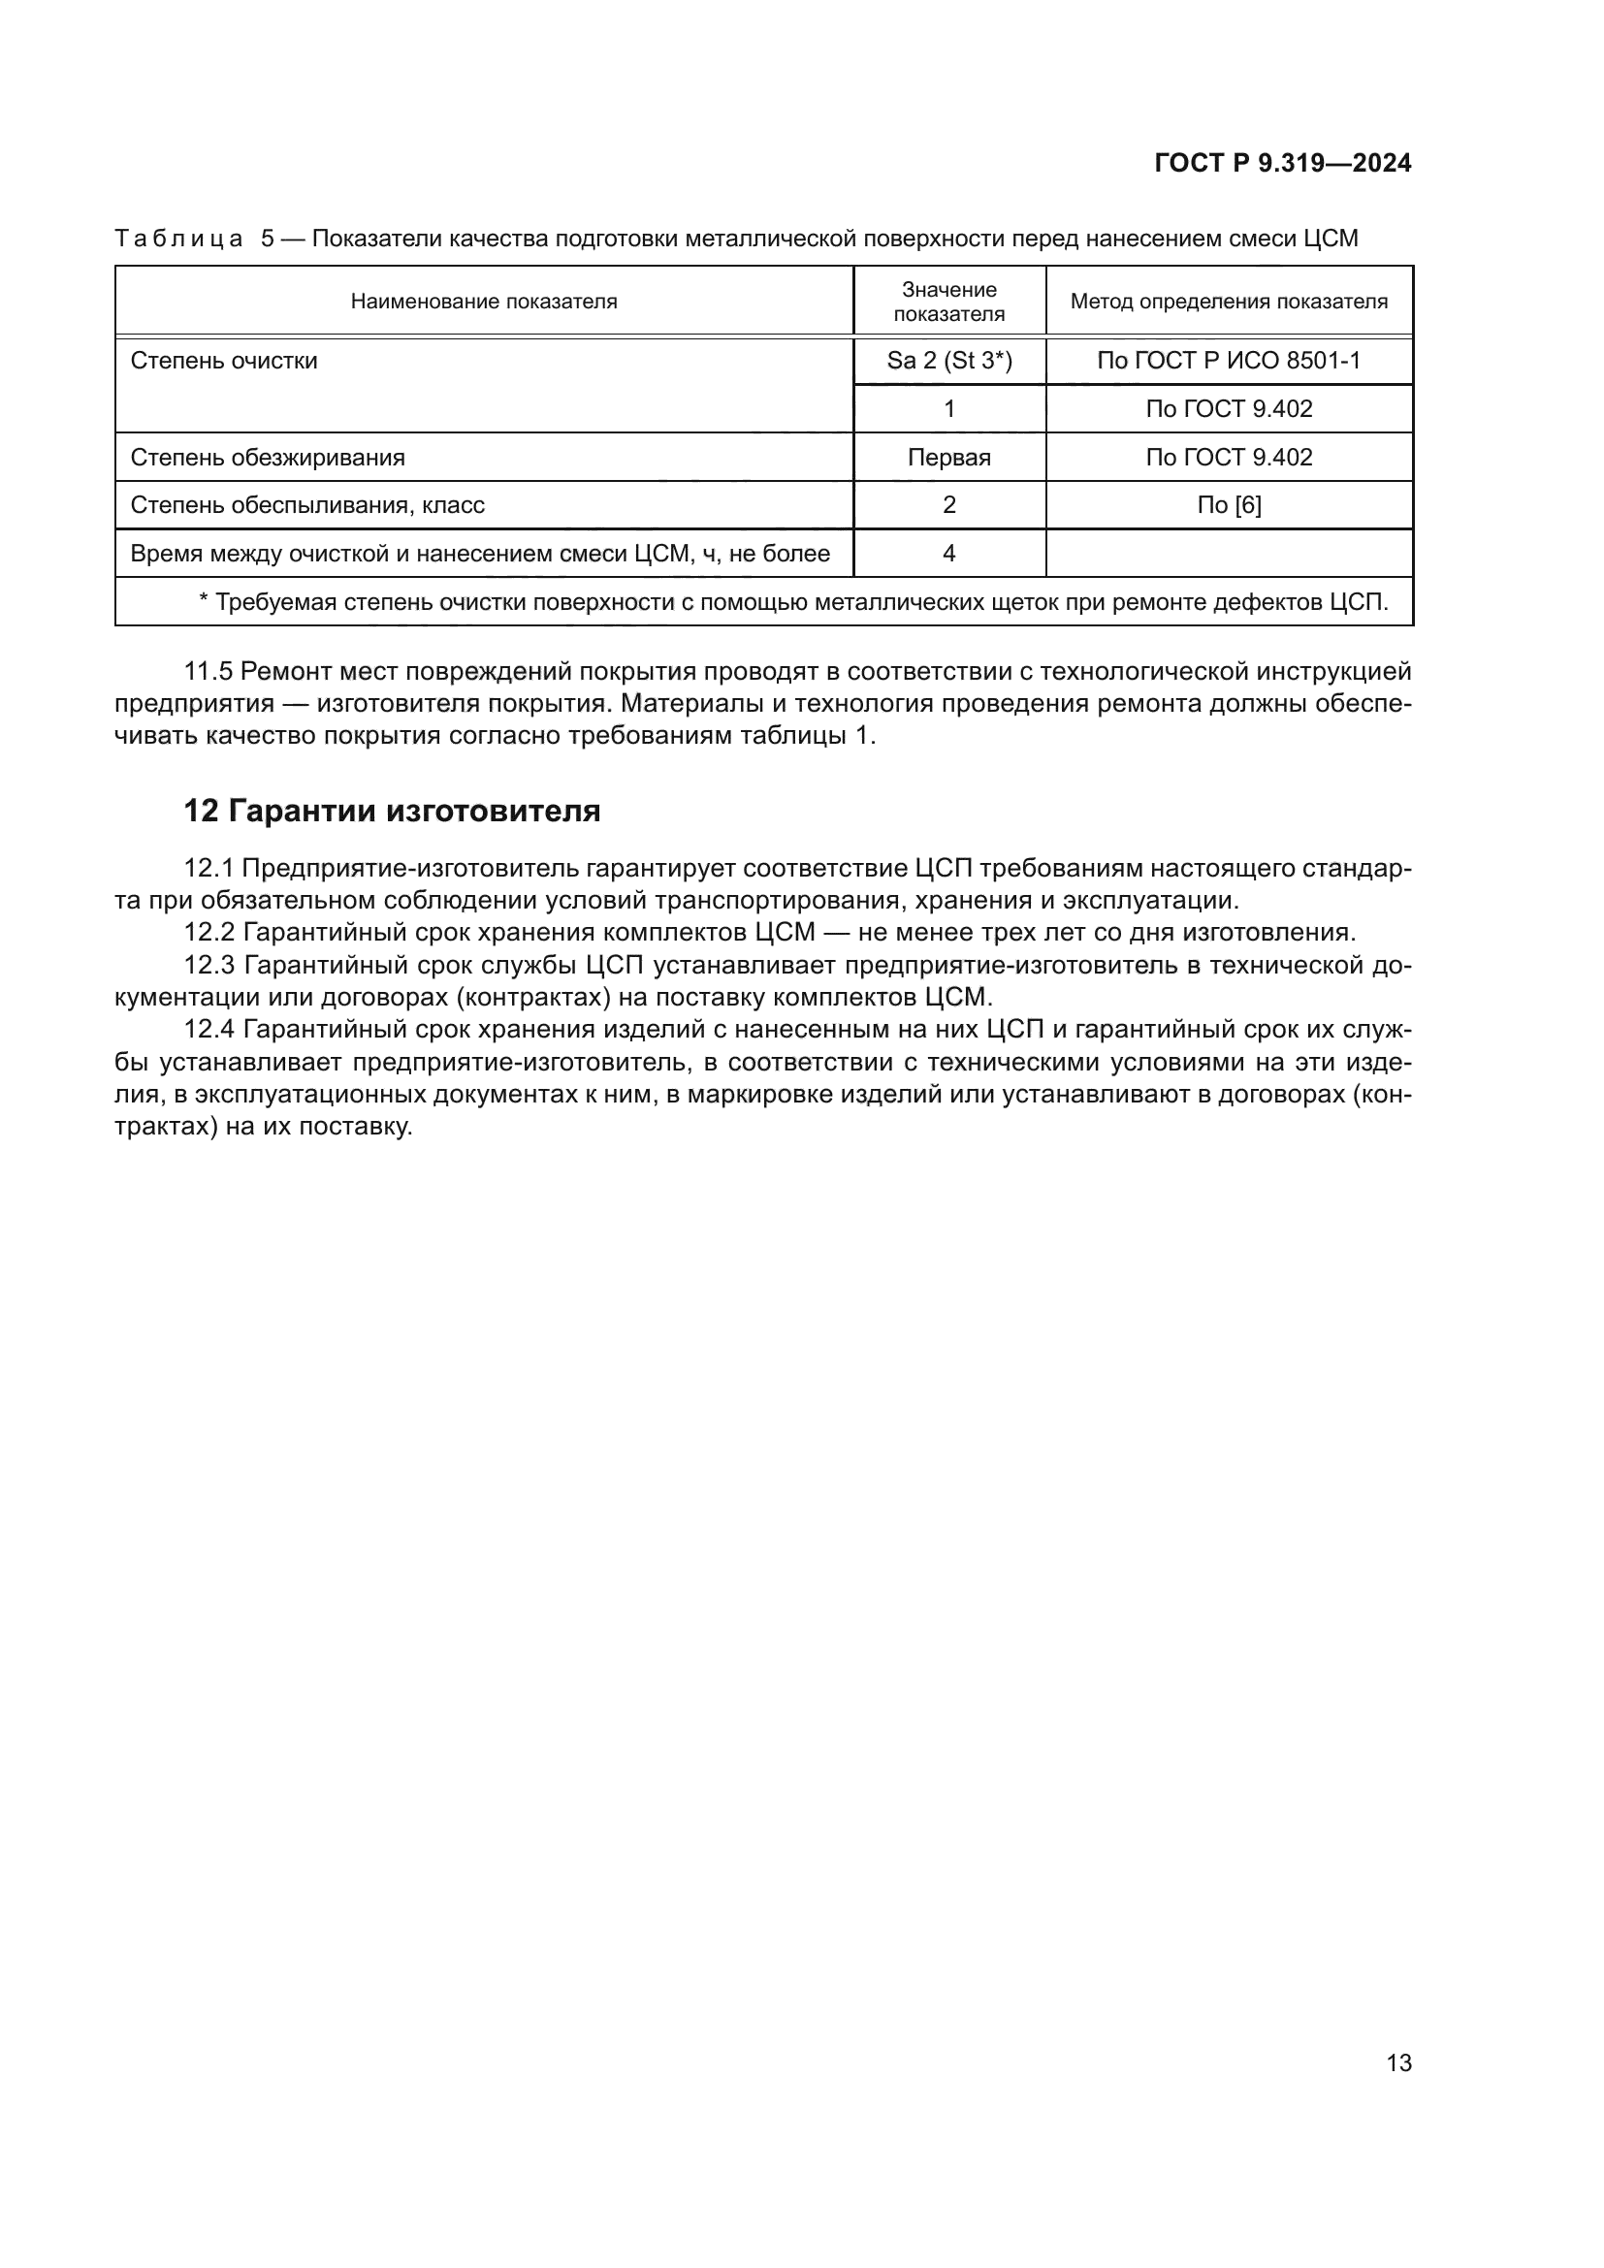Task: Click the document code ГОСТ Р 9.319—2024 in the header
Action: (1282, 164)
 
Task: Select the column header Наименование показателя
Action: (484, 302)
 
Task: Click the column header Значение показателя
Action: (949, 302)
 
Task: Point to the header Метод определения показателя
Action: (1229, 302)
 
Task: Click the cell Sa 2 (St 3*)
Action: (949, 361)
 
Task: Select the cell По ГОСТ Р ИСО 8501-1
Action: (1229, 361)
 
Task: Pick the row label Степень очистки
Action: (224, 361)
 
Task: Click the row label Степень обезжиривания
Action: (268, 458)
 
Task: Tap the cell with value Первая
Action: (949, 458)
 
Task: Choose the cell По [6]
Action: (1229, 506)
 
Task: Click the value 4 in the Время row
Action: (949, 553)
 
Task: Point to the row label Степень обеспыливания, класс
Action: (307, 506)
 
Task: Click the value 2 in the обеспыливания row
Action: (949, 506)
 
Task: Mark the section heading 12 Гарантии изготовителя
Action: (392, 811)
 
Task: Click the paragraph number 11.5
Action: (208, 672)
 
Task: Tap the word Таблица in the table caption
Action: (178, 240)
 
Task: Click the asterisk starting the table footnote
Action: (205, 600)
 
